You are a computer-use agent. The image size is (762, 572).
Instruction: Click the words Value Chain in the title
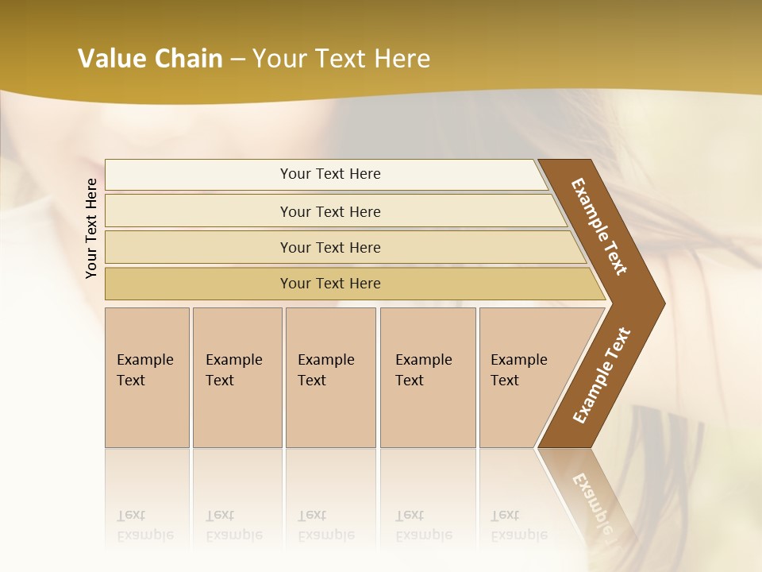(x=150, y=59)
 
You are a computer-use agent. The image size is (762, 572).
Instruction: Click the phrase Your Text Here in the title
(x=341, y=59)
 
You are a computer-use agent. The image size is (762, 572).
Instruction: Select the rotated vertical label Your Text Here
(x=91, y=228)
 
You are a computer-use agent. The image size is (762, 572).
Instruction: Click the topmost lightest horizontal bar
(x=329, y=174)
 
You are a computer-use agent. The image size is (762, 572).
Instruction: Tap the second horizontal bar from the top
(x=329, y=211)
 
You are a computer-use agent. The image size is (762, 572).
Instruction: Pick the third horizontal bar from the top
(x=329, y=247)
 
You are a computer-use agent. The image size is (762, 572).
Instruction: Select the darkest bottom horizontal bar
(x=329, y=284)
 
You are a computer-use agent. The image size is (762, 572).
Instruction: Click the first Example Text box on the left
(x=147, y=377)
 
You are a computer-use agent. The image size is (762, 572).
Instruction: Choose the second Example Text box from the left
(x=237, y=377)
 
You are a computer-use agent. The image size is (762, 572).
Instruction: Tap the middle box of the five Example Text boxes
(x=330, y=377)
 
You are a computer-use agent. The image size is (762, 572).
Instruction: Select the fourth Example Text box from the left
(x=428, y=377)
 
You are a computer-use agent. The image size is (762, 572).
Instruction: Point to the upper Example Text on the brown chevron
(x=599, y=226)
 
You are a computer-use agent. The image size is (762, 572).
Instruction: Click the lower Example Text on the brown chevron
(x=602, y=375)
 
